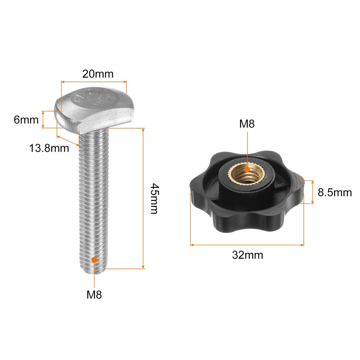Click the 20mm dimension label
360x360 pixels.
[97, 74]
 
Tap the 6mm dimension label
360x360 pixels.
[26, 120]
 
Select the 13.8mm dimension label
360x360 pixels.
[49, 148]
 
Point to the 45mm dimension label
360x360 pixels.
[153, 198]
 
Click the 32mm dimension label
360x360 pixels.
[247, 255]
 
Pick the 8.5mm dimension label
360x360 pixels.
[334, 193]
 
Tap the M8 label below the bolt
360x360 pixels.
[94, 295]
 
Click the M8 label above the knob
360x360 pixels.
[247, 124]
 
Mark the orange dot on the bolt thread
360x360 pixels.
[94, 259]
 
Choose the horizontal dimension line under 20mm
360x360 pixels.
[94, 81]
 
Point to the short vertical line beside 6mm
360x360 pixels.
[44, 120]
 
